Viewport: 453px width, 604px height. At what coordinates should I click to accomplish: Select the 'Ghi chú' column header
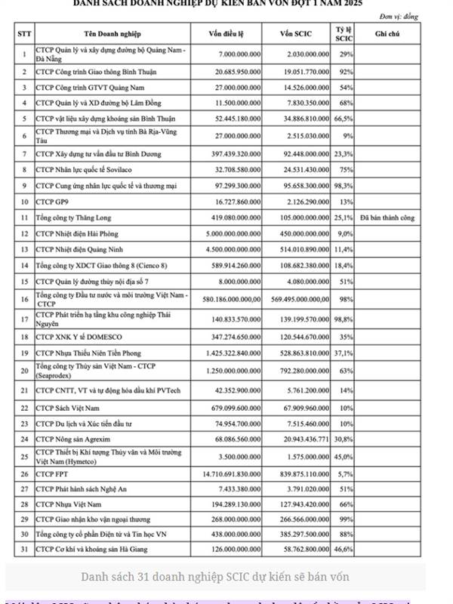click(387, 34)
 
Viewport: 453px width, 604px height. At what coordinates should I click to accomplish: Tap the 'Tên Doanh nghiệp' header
click(110, 34)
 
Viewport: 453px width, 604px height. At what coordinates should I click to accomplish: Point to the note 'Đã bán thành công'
click(387, 217)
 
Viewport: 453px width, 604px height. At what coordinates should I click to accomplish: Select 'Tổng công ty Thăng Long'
click(76, 217)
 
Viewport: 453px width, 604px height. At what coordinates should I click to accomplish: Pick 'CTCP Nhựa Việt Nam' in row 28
click(70, 504)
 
